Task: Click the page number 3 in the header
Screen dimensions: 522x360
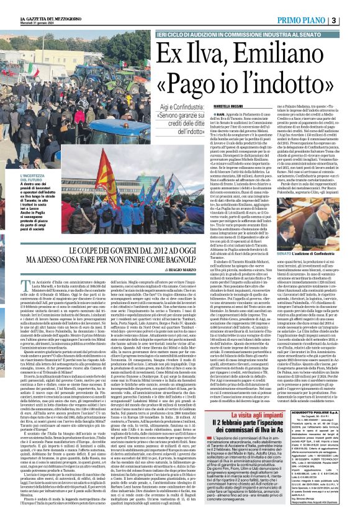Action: tap(351, 20)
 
